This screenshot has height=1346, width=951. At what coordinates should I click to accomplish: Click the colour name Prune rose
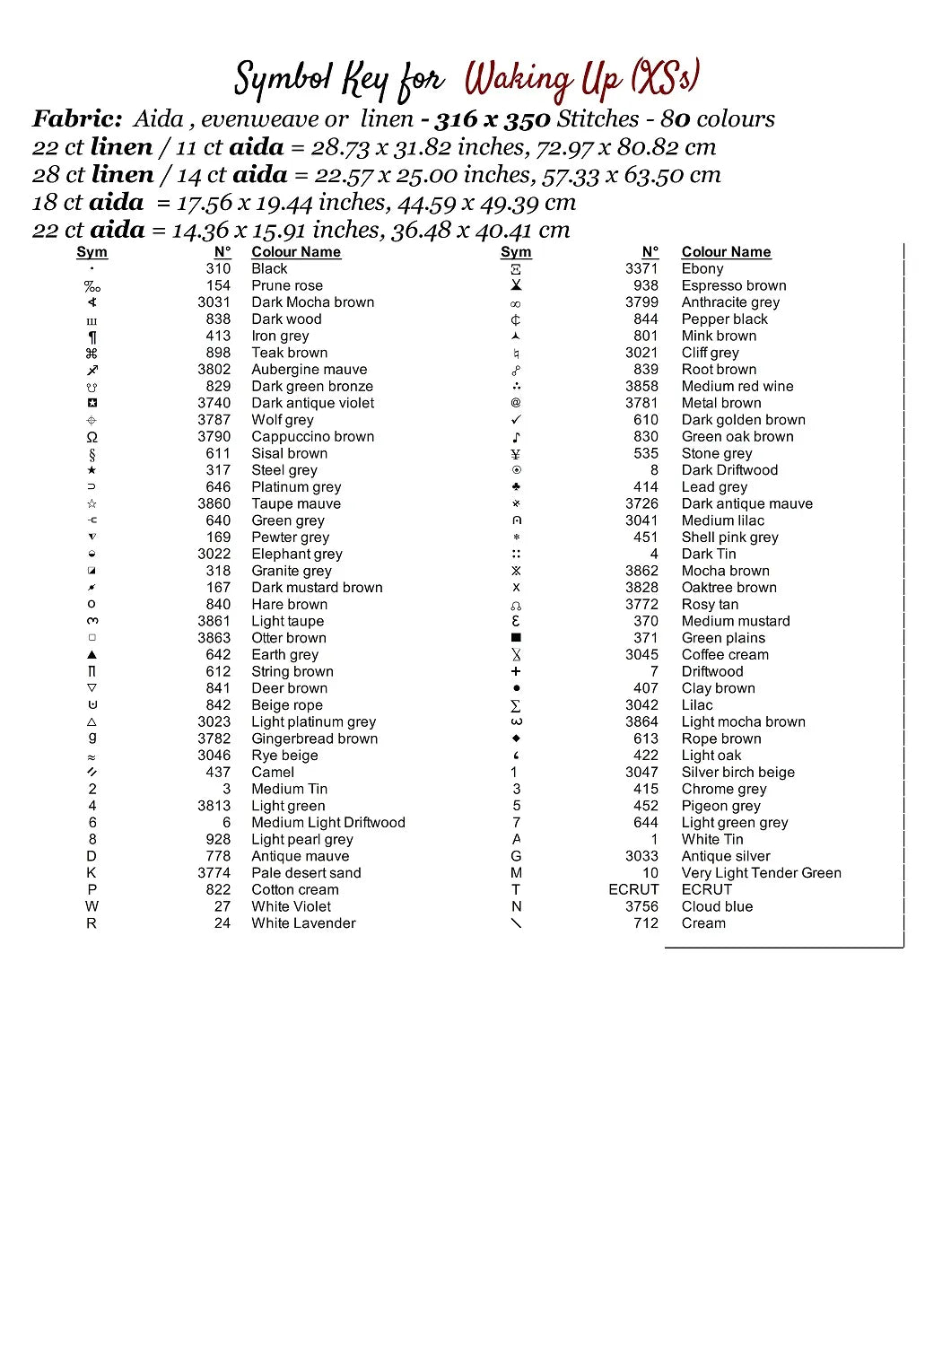click(x=286, y=285)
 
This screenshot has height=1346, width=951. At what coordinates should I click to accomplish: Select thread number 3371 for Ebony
click(x=641, y=268)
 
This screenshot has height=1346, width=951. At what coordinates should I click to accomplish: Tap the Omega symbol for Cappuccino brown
click(x=92, y=437)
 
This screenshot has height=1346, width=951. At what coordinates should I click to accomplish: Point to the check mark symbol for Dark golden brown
click(x=516, y=420)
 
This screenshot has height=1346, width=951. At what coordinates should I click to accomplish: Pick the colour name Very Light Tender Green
click(x=761, y=873)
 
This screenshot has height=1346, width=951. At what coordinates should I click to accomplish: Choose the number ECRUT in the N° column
click(x=633, y=889)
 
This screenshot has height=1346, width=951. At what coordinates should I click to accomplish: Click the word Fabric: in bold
click(x=77, y=118)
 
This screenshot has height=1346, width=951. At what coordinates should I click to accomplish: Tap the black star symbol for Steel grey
click(x=92, y=470)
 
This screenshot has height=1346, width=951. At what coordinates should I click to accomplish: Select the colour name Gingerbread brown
click(x=314, y=739)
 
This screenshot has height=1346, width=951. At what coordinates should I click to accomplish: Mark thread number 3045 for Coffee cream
click(x=641, y=655)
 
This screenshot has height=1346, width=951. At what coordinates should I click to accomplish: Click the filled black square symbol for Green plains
click(x=516, y=638)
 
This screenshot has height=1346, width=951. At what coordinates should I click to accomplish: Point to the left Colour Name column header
click(x=296, y=252)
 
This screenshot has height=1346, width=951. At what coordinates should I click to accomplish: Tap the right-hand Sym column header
click(x=516, y=252)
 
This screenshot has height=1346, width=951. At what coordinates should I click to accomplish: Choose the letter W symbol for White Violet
click(x=92, y=906)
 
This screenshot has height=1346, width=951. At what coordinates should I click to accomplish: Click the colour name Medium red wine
click(x=737, y=386)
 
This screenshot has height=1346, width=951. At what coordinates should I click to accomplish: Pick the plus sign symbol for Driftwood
click(x=516, y=671)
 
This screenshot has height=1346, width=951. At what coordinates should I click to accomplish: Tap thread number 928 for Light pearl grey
click(x=218, y=839)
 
